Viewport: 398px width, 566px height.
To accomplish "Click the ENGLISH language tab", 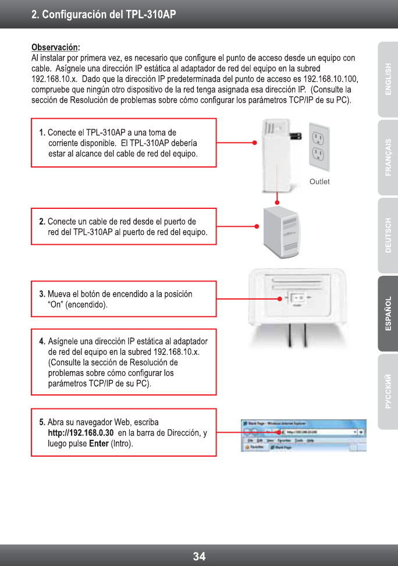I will pos(388,78).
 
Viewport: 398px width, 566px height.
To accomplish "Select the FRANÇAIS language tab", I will pos(388,157).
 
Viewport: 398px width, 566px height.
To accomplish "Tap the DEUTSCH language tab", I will pos(388,236).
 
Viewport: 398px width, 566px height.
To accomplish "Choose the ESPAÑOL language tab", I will pos(388,314).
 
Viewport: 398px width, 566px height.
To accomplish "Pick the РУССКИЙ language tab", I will pos(388,391).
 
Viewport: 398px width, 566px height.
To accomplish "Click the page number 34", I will pos(199,556).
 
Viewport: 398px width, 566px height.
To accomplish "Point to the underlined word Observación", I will pos(55,47).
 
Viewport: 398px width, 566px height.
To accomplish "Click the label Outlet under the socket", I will pos(319,181).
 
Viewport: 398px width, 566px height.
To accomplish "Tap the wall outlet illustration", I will pos(318,145).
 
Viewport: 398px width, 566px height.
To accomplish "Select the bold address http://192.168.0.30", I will pos(80,433).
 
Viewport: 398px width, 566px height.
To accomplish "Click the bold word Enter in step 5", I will pos(99,444).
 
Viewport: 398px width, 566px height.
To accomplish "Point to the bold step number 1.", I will pos(42,133).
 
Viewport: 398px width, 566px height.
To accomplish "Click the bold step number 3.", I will pos(42,294).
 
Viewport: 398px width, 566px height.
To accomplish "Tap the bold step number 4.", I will pos(42,341).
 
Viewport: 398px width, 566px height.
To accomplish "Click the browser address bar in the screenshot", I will pos(317,433).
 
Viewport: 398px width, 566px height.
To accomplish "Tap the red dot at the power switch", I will pos(280,298).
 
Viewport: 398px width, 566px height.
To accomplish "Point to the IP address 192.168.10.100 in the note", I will pos(331,79).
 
